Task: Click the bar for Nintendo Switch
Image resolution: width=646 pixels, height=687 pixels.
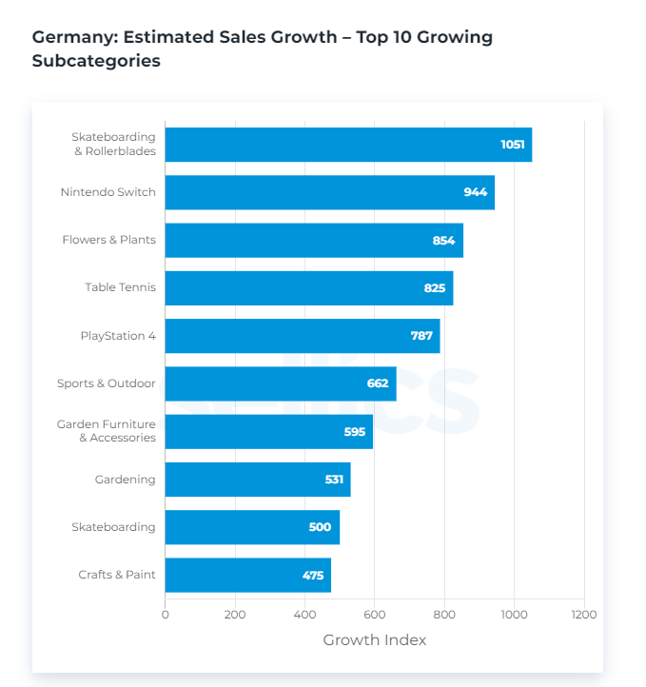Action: point(329,192)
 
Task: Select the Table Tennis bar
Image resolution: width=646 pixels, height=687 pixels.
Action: point(308,288)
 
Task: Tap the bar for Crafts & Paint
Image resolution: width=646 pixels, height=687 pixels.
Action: point(247,575)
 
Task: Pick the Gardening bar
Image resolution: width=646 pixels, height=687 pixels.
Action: point(257,480)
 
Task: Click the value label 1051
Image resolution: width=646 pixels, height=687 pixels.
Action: point(512,145)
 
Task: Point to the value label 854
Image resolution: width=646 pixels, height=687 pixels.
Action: point(443,241)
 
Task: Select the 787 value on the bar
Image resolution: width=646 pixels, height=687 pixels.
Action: point(421,336)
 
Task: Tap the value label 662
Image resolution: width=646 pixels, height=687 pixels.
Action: point(377,383)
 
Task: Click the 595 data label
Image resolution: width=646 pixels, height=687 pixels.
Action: point(355,432)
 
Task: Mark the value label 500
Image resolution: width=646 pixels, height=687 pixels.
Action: point(320,527)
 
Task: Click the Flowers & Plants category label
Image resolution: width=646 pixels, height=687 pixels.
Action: point(108,240)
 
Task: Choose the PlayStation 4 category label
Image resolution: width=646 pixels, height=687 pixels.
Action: point(118,336)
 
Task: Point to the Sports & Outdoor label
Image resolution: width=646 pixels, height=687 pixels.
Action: point(106,383)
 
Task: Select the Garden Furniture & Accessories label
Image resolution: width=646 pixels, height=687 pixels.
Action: point(106,431)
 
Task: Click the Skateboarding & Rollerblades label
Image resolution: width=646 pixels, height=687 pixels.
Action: point(113,145)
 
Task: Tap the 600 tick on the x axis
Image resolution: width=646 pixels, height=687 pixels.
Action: point(374,615)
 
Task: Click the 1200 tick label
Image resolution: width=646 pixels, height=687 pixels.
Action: point(583,615)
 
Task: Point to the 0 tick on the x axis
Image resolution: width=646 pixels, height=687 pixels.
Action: point(166,615)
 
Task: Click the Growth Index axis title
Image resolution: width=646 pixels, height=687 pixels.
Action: point(374,640)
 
